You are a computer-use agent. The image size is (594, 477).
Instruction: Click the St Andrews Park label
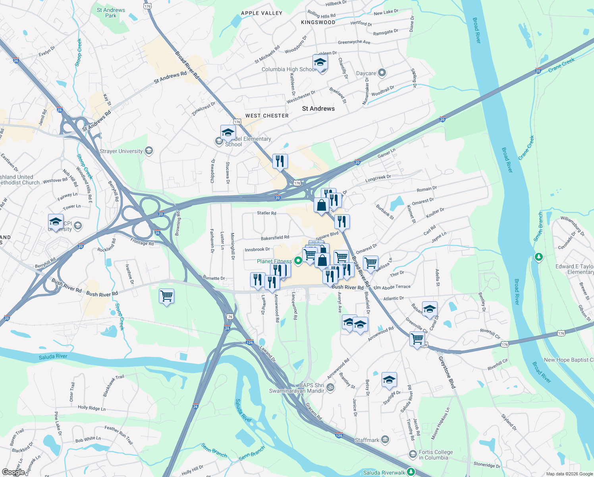(111, 13)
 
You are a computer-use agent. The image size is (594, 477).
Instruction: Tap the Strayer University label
(121, 151)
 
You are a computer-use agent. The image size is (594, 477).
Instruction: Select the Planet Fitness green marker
(298, 261)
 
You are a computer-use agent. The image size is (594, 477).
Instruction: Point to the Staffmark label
(367, 440)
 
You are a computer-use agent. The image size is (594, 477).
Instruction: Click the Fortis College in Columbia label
(436, 455)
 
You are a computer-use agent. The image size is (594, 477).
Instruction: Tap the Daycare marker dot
(382, 73)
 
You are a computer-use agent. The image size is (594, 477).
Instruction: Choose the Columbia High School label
(289, 69)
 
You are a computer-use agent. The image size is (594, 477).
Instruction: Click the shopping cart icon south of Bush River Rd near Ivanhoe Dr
(166, 296)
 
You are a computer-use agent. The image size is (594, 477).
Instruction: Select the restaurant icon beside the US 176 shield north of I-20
(280, 161)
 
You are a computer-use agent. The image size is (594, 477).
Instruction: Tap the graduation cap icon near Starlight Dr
(389, 380)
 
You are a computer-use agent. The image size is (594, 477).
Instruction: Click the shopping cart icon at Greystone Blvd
(417, 339)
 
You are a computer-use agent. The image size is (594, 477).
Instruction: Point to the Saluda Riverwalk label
(384, 473)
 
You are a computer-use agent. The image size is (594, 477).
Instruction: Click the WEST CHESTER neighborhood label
(267, 116)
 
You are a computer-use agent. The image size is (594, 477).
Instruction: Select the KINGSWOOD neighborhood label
(318, 22)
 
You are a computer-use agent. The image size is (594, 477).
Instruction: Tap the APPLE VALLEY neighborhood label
(262, 13)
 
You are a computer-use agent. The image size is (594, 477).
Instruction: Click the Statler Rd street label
(266, 213)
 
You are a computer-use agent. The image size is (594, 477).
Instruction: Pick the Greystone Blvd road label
(447, 372)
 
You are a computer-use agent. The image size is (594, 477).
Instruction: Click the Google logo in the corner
(13, 472)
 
